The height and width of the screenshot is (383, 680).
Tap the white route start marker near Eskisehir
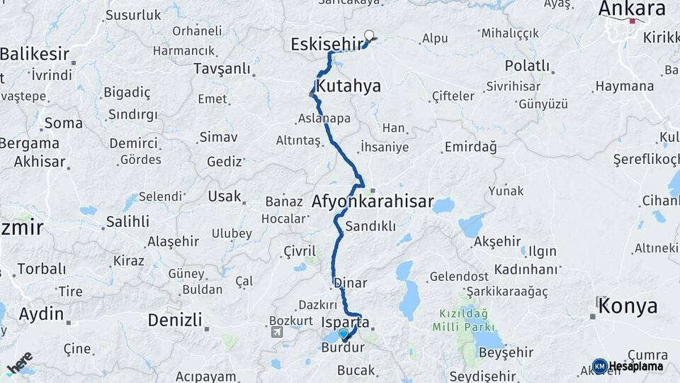click(x=368, y=35)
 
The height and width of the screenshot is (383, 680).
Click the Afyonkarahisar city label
click(x=372, y=202)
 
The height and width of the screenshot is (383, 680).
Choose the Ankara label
click(x=631, y=9)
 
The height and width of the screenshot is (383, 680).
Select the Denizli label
click(x=174, y=320)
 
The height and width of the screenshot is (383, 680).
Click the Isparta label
click(x=345, y=322)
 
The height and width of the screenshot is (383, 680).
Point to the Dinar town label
click(x=351, y=283)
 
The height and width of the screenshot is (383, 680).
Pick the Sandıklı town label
click(x=370, y=226)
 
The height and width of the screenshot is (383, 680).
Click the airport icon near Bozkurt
click(x=276, y=331)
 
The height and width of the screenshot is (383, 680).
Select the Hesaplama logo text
click(x=635, y=367)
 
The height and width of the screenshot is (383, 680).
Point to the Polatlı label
click(x=527, y=66)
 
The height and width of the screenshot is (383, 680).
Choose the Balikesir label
click(x=35, y=54)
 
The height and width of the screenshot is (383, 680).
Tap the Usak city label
click(x=224, y=196)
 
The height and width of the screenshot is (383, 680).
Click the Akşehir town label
click(x=497, y=241)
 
